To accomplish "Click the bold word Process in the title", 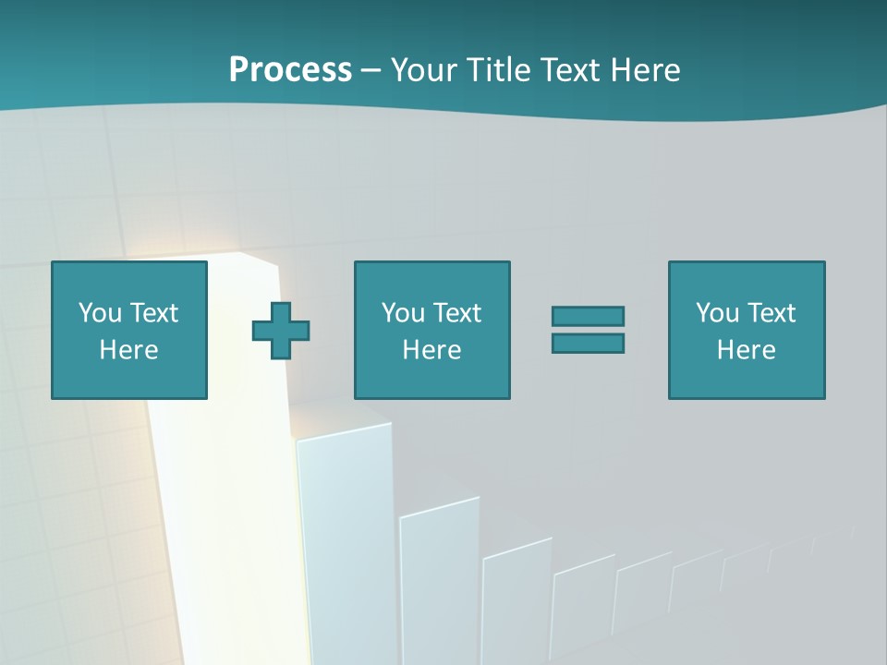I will (x=290, y=70).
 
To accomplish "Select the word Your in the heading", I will (x=422, y=70).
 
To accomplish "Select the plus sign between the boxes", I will (x=281, y=331).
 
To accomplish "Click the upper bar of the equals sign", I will (x=588, y=316).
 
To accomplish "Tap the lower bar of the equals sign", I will (x=588, y=343).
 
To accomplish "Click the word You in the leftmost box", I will (x=100, y=313).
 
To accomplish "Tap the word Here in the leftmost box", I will (x=128, y=350).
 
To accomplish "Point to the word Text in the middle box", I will (x=456, y=313).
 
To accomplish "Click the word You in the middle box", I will (x=403, y=313).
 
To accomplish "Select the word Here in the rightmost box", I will (x=746, y=350).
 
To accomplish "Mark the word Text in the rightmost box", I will (x=771, y=313).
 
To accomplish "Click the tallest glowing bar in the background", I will (x=222, y=517).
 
